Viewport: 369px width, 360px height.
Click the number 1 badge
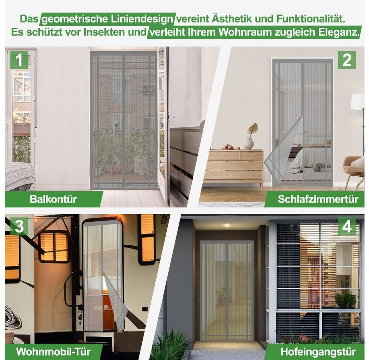19,60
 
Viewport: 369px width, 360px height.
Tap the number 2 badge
347,60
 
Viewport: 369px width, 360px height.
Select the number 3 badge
19,226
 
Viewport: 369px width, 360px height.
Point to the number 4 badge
347,226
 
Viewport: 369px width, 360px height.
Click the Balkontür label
54,199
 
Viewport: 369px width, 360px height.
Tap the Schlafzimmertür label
318,199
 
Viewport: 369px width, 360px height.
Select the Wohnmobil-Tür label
54,351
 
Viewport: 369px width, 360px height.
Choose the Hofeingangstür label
318,352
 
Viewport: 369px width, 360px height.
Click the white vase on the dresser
248,143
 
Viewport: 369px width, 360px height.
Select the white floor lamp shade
357,101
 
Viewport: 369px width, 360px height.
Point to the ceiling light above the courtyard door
227,225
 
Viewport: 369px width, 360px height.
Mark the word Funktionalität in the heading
311,19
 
